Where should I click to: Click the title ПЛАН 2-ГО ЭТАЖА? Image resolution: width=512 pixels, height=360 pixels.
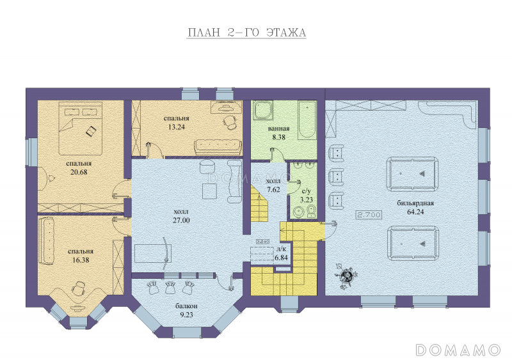click(x=246, y=33)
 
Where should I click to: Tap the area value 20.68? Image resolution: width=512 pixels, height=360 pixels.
click(x=79, y=172)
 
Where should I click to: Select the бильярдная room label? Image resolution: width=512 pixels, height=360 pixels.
click(x=415, y=203)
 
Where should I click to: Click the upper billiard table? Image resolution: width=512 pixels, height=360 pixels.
click(x=413, y=174)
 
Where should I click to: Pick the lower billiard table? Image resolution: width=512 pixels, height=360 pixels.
click(x=413, y=243)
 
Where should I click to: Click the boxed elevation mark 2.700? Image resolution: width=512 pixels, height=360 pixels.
click(x=369, y=215)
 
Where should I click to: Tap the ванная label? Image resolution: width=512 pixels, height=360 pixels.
click(x=278, y=129)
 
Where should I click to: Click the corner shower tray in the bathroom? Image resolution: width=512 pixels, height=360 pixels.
click(x=264, y=111)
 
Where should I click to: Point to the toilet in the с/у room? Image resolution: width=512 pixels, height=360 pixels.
click(x=311, y=212)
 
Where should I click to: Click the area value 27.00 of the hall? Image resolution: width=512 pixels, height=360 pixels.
click(x=181, y=221)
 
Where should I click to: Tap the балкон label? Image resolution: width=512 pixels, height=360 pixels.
click(x=186, y=306)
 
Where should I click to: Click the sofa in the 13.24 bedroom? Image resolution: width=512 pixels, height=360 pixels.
click(x=218, y=148)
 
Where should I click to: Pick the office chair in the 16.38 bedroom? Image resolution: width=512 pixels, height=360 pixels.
click(x=78, y=288)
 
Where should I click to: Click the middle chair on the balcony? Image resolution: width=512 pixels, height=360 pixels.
click(x=170, y=288)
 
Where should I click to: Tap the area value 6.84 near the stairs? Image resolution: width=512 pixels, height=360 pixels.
click(x=281, y=258)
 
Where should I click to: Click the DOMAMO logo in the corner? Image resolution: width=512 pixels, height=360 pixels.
click(x=458, y=350)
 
